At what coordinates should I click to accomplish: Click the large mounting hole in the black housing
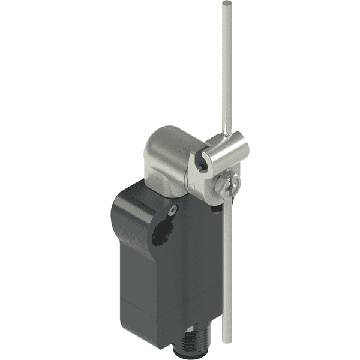[161, 233]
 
